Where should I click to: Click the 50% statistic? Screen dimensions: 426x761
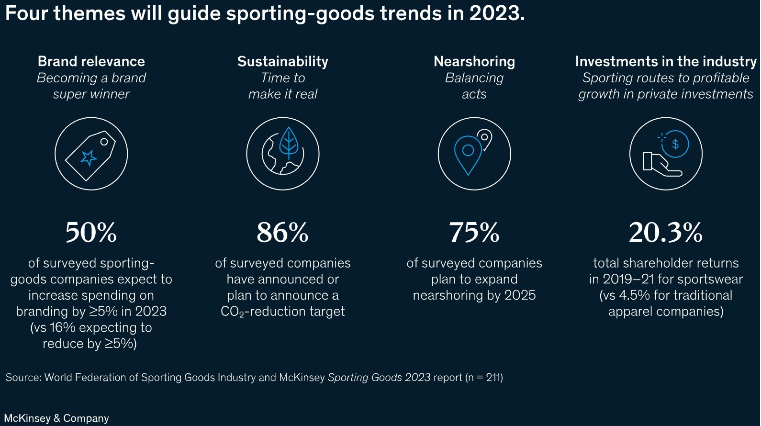(91, 233)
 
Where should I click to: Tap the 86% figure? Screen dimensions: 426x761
(282, 233)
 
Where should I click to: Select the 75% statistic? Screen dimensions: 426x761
(474, 233)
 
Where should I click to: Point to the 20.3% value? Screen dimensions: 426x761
(665, 233)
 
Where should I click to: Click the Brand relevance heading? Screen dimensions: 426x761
(91, 61)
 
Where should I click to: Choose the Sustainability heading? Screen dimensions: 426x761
(282, 61)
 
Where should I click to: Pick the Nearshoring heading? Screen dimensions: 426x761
(474, 61)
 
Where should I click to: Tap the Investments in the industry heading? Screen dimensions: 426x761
(665, 61)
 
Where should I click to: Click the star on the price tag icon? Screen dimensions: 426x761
(89, 157)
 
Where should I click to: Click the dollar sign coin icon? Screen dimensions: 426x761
(675, 144)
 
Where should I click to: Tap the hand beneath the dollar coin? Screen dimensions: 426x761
(660, 165)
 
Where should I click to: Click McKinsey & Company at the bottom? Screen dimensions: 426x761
(56, 418)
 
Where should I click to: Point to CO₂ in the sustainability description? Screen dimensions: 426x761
(232, 312)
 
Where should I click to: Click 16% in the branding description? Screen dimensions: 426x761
(63, 328)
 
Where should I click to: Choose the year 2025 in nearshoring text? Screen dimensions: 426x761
(520, 295)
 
